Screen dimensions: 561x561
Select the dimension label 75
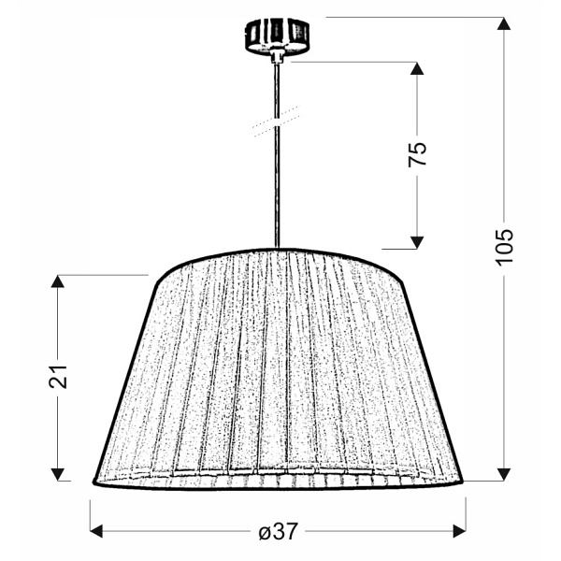pyautogui.click(x=417, y=153)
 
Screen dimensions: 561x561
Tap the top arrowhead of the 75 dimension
pyautogui.click(x=417, y=69)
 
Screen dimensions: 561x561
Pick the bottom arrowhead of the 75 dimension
pyautogui.click(x=417, y=242)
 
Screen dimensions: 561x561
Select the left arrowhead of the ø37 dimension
pyautogui.click(x=96, y=531)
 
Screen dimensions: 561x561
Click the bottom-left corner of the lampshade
pyautogui.click(x=95, y=482)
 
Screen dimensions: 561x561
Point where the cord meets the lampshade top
pyautogui.click(x=277, y=248)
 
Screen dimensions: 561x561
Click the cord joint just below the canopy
pyautogui.click(x=277, y=59)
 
